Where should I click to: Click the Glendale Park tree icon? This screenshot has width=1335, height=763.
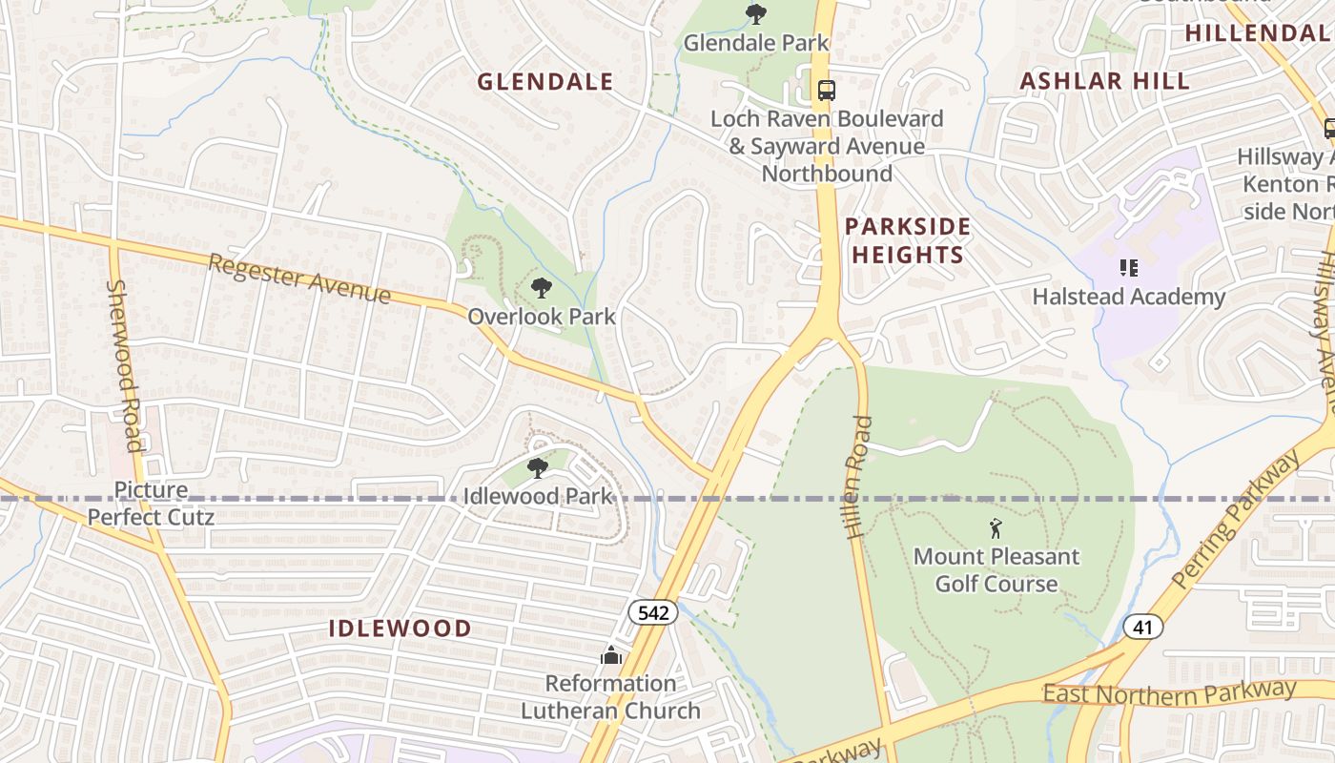[x=756, y=14]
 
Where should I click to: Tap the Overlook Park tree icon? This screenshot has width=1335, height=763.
[x=542, y=287]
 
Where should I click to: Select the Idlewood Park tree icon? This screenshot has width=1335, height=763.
[x=538, y=467]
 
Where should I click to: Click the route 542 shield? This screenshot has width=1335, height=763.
[x=653, y=612]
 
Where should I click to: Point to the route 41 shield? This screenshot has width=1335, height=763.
[x=1142, y=627]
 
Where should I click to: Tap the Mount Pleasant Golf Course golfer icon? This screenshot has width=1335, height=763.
[x=996, y=527]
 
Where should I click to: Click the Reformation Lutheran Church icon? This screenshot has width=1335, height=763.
[x=610, y=655]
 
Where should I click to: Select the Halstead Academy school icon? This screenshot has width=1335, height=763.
[x=1129, y=268]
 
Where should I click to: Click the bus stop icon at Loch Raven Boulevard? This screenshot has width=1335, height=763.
[x=827, y=91]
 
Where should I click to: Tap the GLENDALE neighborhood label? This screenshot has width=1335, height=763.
[x=544, y=82]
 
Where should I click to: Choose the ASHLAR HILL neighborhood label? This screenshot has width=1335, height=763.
[x=1105, y=81]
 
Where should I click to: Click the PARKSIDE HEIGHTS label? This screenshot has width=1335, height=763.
[x=908, y=240]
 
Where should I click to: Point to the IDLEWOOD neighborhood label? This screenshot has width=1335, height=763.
[x=400, y=628]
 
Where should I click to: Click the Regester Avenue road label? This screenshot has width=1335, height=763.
[x=299, y=278]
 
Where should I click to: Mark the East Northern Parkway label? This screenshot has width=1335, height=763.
[x=1169, y=691]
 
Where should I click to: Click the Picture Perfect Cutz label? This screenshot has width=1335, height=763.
[x=151, y=504]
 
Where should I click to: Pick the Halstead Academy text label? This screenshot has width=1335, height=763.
[x=1129, y=297]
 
